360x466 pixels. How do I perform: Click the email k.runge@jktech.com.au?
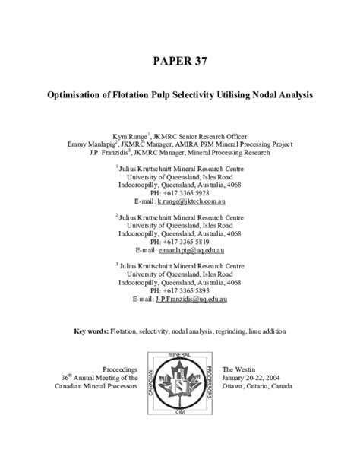tap(192, 202)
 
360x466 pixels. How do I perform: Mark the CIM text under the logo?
tap(180, 432)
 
